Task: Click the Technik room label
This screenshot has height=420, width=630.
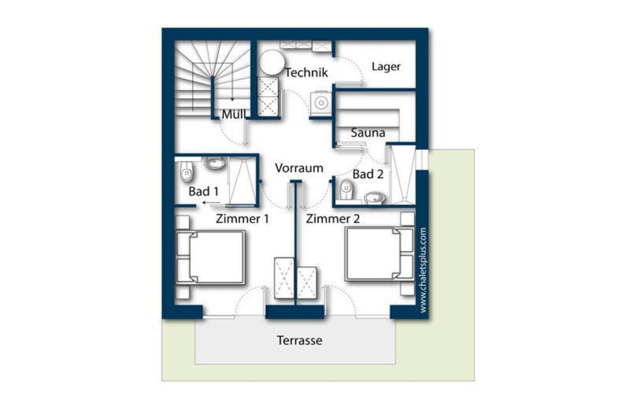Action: coord(306,73)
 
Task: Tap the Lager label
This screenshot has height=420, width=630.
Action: coord(386,67)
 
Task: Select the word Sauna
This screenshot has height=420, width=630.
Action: coord(368,133)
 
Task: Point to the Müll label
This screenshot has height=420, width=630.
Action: coord(234,114)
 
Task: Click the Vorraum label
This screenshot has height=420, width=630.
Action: coord(299,168)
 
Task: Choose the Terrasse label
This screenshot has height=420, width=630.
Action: coord(299,341)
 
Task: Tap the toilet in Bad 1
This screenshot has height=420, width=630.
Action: coord(186,171)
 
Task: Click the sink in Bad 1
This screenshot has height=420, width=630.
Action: coord(215,163)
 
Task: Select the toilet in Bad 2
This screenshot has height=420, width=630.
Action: coord(346,189)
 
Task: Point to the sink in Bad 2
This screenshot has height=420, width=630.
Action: coord(374,198)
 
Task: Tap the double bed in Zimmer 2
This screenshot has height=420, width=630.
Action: coord(380,254)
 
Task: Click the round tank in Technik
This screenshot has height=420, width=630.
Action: coord(272,62)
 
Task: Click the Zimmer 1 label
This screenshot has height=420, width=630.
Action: coord(242,219)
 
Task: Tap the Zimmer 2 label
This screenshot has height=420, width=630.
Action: coord(333,219)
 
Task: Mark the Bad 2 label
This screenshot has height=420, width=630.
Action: coord(368,174)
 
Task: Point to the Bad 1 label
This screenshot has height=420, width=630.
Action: coord(203,191)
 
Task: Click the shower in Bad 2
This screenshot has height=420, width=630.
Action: coord(403,175)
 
